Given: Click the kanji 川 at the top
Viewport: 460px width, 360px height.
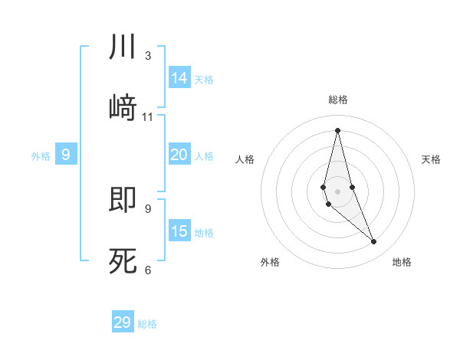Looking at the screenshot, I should tap(123, 47).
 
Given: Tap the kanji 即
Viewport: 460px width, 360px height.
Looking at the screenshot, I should tap(123, 199).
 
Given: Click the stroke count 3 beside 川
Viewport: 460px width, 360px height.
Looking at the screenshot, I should tap(147, 56).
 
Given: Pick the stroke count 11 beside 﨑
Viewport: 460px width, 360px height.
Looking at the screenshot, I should tap(148, 117).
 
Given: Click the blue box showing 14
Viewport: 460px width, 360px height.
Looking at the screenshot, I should tap(179, 78).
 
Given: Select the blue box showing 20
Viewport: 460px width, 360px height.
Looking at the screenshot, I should tap(179, 155).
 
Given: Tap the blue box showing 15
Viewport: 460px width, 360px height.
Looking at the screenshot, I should tap(179, 231).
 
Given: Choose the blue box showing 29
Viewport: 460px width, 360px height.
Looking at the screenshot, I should tap(123, 322).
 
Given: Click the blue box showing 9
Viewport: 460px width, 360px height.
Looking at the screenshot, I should tap(66, 155).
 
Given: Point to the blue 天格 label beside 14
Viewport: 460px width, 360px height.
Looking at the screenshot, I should tap(204, 80).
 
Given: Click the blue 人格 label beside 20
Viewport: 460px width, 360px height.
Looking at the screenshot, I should tap(204, 156).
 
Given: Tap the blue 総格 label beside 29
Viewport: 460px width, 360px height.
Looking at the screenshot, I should tap(147, 324).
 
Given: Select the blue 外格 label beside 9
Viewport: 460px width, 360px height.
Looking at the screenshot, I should tap(41, 156).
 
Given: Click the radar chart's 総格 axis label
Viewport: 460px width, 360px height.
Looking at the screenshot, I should tap(338, 100).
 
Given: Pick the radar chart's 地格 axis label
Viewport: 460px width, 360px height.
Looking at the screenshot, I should tap(402, 262).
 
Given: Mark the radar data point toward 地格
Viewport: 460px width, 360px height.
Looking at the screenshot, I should tap(374, 242).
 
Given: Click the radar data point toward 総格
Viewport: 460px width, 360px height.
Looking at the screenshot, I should tap(337, 130).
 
